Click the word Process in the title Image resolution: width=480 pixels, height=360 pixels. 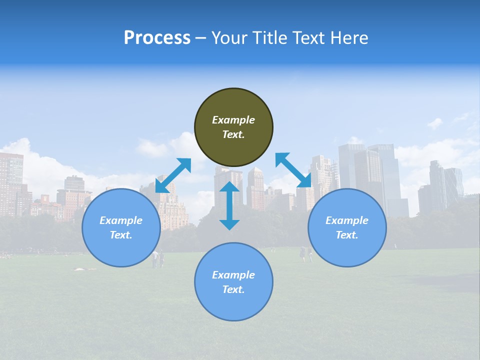tap(157, 37)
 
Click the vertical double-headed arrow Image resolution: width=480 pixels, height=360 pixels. tap(229, 205)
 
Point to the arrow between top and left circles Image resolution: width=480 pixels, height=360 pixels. tap(173, 175)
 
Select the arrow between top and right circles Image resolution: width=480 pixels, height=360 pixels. tap(293, 170)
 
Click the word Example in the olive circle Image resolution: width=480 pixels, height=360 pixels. tap(233, 120)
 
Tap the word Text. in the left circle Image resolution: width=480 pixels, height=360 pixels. tap(121, 235)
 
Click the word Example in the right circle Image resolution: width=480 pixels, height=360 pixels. tap(347, 220)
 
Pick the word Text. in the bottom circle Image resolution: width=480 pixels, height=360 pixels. tap(233, 289)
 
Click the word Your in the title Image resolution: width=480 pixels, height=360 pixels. tap(228, 37)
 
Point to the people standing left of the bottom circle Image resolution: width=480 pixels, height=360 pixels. tap(158, 258)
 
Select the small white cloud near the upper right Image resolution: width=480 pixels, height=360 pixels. tap(435, 123)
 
